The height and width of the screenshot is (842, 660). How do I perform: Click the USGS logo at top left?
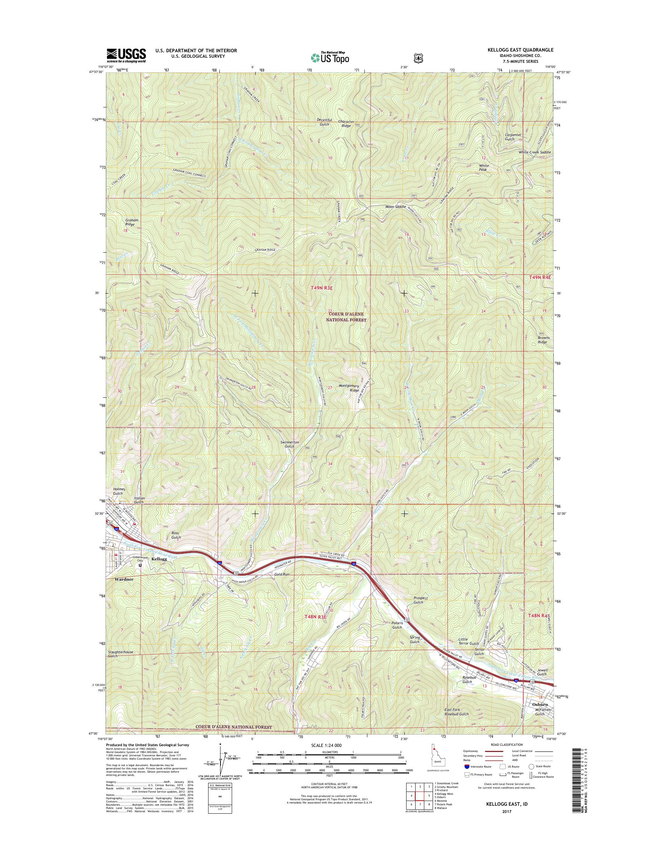click(x=126, y=56)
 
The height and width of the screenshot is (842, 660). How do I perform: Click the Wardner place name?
click(x=124, y=579)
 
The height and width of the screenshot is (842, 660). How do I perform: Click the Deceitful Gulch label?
click(x=323, y=122)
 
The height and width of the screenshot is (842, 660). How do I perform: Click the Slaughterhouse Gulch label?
click(x=120, y=654)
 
